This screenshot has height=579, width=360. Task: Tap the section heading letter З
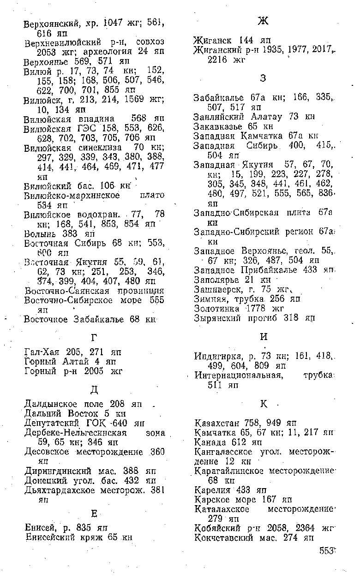(x=263, y=78)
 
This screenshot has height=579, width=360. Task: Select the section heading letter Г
(x=94, y=338)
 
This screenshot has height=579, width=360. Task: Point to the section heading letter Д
(x=94, y=390)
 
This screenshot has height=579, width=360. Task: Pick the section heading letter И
(x=264, y=337)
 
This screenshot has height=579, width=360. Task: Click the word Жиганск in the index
(x=214, y=40)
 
